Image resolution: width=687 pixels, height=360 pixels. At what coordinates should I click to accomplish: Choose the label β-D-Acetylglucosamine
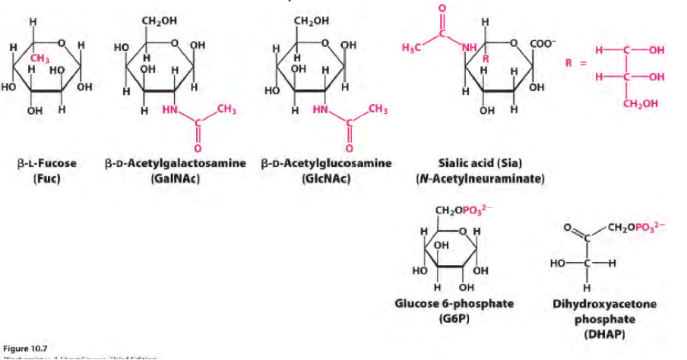point(326,163)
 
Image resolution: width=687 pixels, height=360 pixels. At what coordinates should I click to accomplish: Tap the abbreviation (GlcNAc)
point(326,179)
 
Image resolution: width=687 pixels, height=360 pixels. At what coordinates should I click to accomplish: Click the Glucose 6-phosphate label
point(454,303)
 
